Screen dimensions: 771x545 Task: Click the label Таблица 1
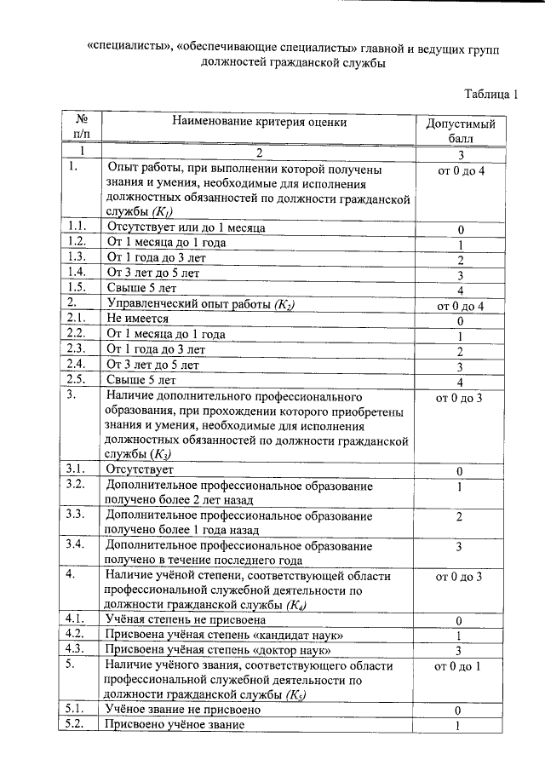tap(491, 94)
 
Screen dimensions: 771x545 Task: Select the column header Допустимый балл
tap(460, 132)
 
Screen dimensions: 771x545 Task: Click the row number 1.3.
tap(77, 256)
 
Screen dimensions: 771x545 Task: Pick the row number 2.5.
tap(77, 379)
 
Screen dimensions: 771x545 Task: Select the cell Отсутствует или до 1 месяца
tap(186, 227)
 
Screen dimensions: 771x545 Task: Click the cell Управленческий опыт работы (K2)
tap(205, 303)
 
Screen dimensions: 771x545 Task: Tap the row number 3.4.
tap(77, 545)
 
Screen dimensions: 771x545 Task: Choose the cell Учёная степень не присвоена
tap(186, 619)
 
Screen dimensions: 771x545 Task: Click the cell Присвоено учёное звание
tap(175, 724)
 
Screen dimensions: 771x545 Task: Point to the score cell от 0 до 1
tap(460, 666)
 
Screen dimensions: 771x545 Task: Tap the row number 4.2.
tap(77, 635)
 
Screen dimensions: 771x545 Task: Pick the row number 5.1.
tap(77, 709)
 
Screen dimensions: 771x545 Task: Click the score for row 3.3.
tap(460, 516)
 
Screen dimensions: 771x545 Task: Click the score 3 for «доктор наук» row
tap(460, 651)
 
